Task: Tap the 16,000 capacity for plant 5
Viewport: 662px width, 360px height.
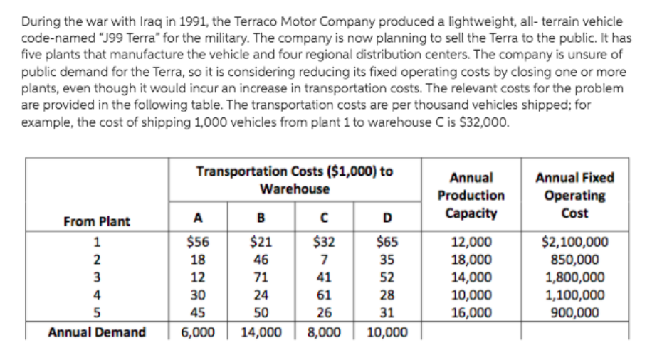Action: point(471,312)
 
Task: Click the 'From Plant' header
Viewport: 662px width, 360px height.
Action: point(97,221)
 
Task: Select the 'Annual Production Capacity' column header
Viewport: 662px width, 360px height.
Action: point(471,195)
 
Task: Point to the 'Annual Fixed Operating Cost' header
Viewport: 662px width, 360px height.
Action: point(574,195)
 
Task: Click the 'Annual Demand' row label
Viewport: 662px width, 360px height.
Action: point(97,332)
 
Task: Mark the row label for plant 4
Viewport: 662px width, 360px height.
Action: point(97,295)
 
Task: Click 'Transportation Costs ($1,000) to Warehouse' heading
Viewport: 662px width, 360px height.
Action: point(294,180)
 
